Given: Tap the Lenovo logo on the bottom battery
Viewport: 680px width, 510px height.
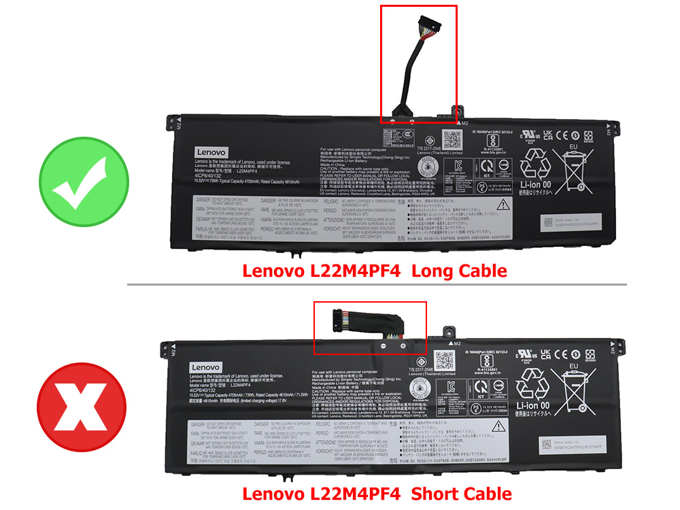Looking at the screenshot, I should pyautogui.click(x=205, y=367).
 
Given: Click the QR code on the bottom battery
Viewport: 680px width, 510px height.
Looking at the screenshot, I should pyautogui.click(x=445, y=359).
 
